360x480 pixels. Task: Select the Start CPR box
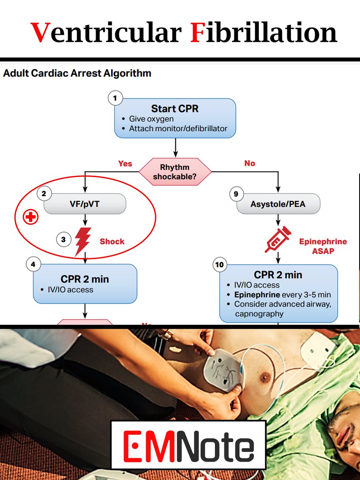click(x=175, y=118)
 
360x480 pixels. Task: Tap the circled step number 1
click(x=115, y=98)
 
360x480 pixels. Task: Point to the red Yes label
click(x=125, y=164)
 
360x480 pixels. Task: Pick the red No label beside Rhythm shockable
click(x=249, y=164)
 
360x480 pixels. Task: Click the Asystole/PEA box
click(x=278, y=204)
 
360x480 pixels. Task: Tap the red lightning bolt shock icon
click(x=83, y=241)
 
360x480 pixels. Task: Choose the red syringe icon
click(x=278, y=239)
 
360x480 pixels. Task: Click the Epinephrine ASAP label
click(x=323, y=246)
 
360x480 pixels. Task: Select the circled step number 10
click(x=219, y=265)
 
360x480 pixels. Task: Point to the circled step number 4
click(x=33, y=264)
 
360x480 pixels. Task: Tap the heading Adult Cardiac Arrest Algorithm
click(x=77, y=74)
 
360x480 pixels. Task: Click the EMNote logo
click(x=188, y=444)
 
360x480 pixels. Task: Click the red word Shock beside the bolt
click(x=112, y=242)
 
